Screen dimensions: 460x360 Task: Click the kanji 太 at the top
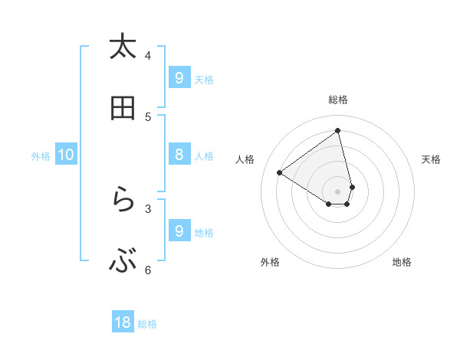coord(123,47)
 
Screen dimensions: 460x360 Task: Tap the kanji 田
coord(123,108)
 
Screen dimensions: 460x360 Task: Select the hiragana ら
coord(123,200)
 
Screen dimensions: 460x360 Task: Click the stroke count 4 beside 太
coord(148,55)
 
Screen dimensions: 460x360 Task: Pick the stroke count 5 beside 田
coord(148,116)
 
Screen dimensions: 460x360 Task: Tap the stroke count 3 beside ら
coord(148,208)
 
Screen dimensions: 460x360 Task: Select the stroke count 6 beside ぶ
coord(148,270)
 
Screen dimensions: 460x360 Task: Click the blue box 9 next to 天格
coord(179,77)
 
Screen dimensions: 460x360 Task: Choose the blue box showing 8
coord(179,155)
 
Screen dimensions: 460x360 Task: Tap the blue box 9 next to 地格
coord(179,231)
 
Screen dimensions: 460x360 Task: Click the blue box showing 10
coord(66,155)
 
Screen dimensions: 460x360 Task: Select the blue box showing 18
coord(123,322)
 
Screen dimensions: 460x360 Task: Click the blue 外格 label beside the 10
coord(41,156)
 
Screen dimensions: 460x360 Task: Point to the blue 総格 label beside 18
coord(147,324)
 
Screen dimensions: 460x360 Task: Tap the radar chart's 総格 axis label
coord(338,100)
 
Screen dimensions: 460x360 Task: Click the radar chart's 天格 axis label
coord(431,159)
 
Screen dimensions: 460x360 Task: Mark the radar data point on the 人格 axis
coord(280,172)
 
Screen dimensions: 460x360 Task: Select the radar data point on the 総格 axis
coord(338,131)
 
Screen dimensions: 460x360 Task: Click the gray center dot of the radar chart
coord(338,191)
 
